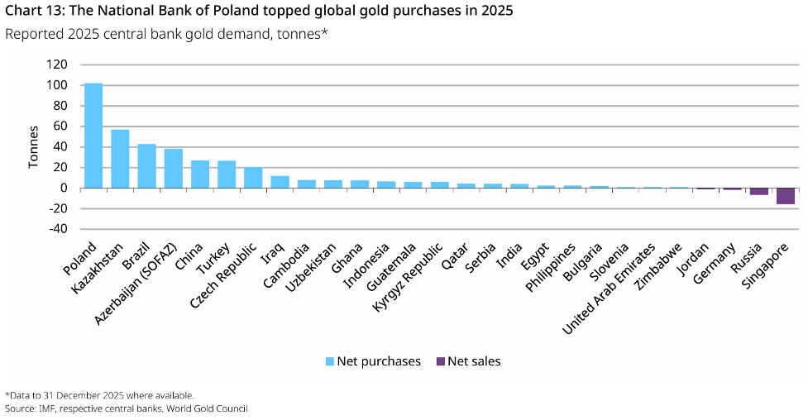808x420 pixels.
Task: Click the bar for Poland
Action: point(93,136)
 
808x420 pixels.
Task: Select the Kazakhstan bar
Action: point(120,159)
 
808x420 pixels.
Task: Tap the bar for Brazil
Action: point(146,166)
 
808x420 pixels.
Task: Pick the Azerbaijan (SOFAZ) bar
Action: point(173,169)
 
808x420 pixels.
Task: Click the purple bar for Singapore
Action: point(786,196)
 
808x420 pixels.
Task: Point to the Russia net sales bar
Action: point(759,192)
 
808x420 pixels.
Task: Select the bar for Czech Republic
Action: point(253,178)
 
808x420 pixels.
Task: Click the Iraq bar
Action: point(280,182)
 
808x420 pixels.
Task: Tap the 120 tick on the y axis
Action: point(57,64)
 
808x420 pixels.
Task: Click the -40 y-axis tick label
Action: point(57,229)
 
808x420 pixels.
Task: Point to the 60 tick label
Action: point(60,126)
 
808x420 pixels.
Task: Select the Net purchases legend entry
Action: point(373,361)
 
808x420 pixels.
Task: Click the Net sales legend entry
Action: point(468,361)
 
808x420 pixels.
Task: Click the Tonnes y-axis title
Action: point(34,147)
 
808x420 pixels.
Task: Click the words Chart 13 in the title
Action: point(31,12)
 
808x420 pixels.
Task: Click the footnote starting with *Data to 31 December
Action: point(99,395)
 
